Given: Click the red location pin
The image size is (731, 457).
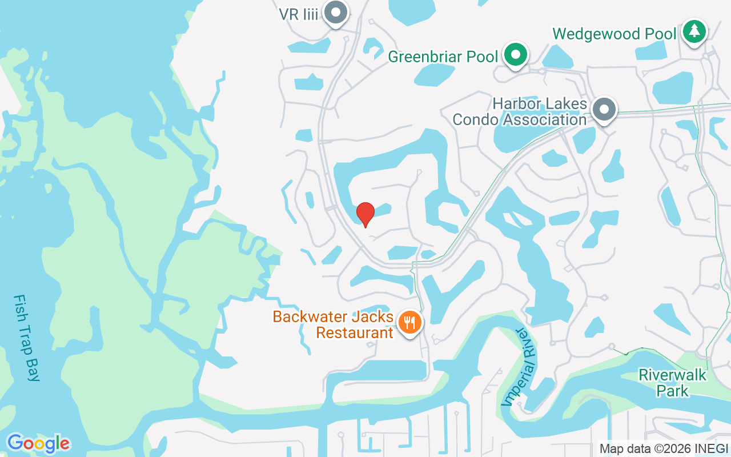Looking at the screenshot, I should coord(365,214).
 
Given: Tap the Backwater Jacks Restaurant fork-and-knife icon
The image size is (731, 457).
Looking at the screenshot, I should coord(409,323).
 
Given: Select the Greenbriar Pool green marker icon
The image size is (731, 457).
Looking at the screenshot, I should coord(516,55).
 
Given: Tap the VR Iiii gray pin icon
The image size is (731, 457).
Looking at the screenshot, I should coord(335,12).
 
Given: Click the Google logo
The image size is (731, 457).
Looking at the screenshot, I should coord(38,443).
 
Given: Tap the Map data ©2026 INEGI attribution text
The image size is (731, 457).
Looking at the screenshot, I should coord(664,449).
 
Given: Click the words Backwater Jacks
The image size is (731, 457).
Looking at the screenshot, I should coord(333,316).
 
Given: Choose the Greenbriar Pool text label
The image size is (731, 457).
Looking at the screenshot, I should coord(443,57).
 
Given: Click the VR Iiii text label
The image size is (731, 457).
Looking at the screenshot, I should coord(298,14).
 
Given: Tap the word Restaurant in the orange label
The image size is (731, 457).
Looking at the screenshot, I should coord(355,332).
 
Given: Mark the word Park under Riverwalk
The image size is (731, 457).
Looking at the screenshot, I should coord(672,391).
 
